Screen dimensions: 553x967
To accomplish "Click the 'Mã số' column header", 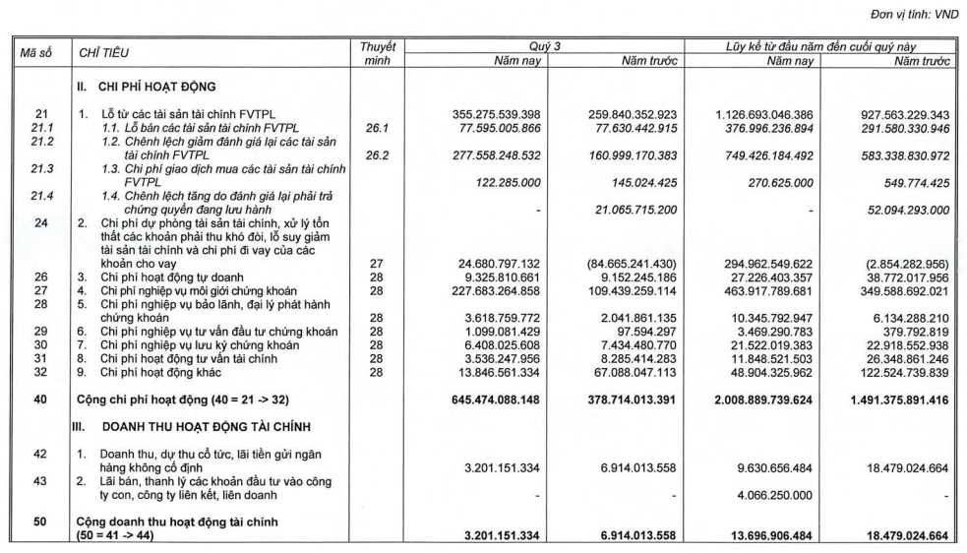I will point(37,53).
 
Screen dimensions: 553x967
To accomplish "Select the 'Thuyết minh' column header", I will point(377,53).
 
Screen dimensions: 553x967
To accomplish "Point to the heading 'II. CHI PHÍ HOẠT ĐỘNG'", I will point(146,88).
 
